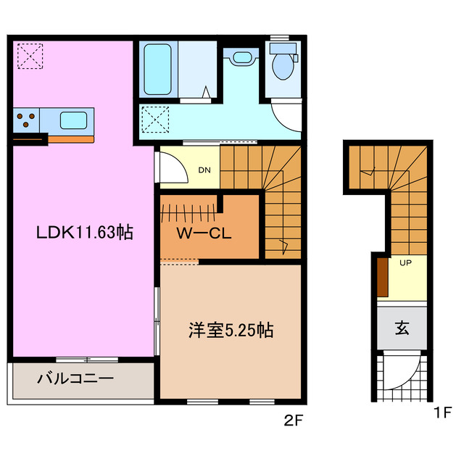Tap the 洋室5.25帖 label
[227, 331]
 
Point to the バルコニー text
[75, 378]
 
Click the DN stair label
[205, 171]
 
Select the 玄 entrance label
[402, 327]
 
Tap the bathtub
[157, 69]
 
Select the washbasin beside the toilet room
[241, 58]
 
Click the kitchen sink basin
[73, 119]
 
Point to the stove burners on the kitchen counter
[27, 120]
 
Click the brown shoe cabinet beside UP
[382, 277]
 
